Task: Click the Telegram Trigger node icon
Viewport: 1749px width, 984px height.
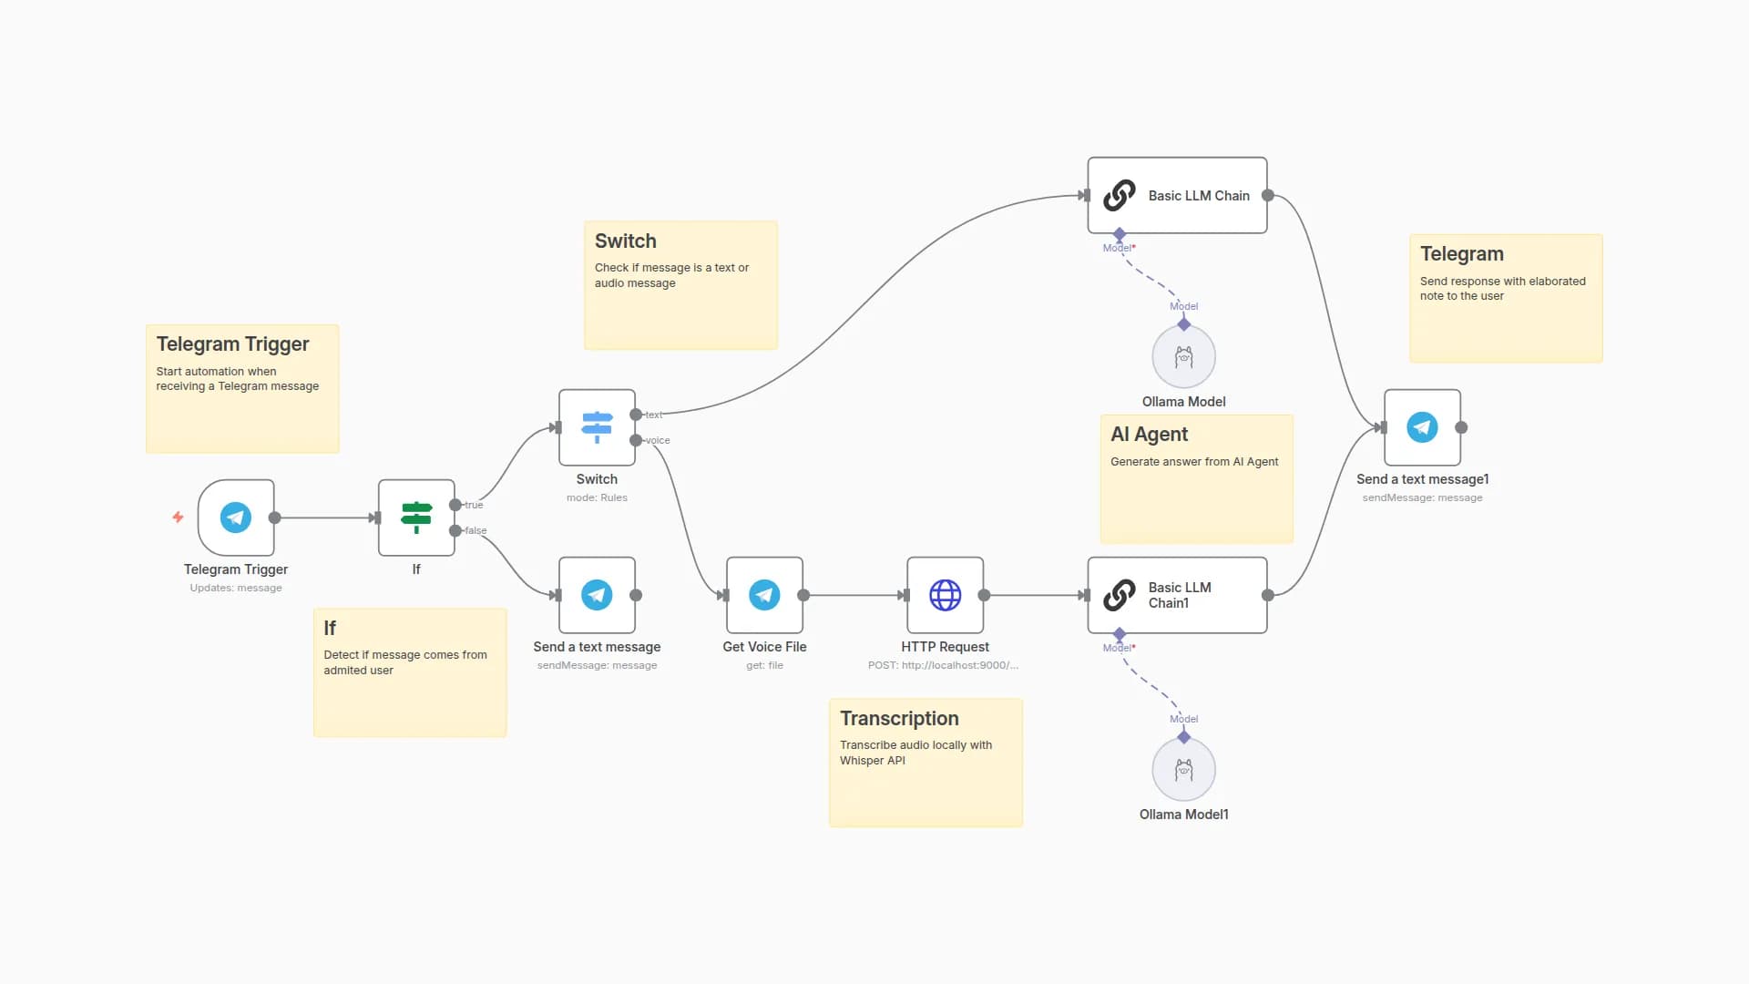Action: tap(236, 518)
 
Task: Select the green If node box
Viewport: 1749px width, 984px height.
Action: tap(416, 518)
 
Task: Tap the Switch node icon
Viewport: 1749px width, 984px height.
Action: tap(597, 427)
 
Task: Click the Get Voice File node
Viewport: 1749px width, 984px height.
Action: tap(764, 595)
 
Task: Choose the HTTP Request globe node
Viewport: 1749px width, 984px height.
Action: tap(945, 595)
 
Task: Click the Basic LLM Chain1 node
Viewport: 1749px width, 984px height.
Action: tap(1177, 595)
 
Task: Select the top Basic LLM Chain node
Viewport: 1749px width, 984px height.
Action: tap(1177, 195)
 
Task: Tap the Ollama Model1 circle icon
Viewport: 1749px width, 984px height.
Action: tap(1183, 770)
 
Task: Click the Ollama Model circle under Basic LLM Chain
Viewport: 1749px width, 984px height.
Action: tap(1183, 357)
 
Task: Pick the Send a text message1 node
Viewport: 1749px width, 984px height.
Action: tap(1422, 427)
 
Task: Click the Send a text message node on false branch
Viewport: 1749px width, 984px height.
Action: tap(597, 595)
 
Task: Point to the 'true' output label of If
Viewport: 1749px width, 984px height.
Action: tap(474, 505)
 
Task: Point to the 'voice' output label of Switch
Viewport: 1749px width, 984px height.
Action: tap(658, 440)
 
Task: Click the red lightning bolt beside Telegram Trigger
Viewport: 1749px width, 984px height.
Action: tap(178, 518)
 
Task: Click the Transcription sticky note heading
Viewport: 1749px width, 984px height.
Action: tap(899, 719)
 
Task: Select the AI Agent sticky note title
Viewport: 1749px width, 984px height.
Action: tap(1149, 435)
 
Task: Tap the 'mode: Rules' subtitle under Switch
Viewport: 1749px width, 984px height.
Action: tap(597, 497)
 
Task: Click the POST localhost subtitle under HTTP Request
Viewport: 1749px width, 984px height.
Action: tap(943, 665)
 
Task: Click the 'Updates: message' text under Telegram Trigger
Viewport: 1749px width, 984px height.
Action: tap(236, 588)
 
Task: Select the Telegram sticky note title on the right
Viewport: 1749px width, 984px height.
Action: tap(1461, 254)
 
